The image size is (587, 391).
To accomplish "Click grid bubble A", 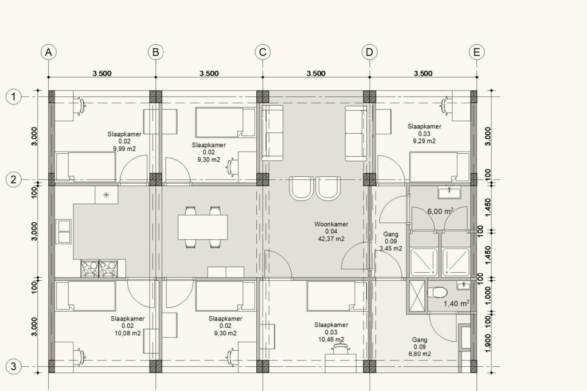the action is pos(49,52).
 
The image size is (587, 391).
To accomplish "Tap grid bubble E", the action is pos(476,52).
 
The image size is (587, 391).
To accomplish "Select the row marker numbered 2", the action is pos(14,180).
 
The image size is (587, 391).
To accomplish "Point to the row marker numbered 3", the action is pos(14,366).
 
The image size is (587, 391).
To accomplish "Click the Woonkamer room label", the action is pos(331,224).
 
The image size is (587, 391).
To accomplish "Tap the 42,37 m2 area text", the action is pos(331,239).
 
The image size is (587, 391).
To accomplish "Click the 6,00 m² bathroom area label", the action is pos(441,211).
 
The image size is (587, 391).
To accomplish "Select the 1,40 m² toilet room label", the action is pos(457,303).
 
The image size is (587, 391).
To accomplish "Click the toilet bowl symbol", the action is pos(437,292).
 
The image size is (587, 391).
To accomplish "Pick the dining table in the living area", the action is pos(202,227).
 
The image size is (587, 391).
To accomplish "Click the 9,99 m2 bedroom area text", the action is pos(124,149).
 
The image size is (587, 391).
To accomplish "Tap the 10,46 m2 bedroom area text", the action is pos(331,340).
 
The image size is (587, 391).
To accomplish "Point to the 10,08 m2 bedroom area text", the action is pos(128,333).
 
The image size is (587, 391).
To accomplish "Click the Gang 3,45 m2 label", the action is pos(391,241).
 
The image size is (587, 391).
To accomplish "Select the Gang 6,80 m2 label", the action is pos(420,347).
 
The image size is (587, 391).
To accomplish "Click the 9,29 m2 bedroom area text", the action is pos(424,141).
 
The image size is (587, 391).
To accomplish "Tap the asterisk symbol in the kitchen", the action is pos(106,195).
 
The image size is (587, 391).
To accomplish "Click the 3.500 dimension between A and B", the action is pos(102,73).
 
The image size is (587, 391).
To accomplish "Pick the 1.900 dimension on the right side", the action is pos(487,343).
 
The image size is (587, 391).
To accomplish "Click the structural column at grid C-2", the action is pos(263,180).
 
